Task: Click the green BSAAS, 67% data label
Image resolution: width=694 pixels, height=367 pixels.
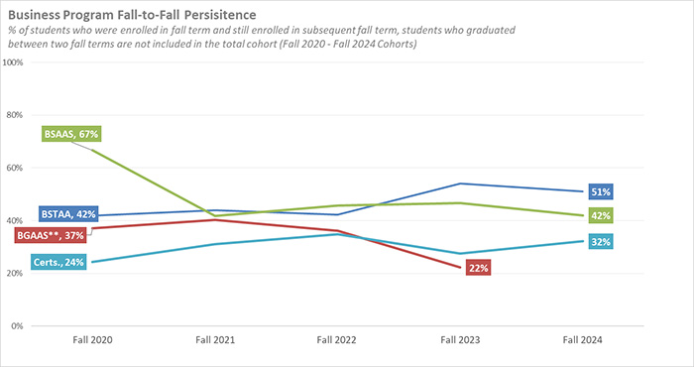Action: coord(72,134)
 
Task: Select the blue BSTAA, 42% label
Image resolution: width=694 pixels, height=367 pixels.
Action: coord(67,213)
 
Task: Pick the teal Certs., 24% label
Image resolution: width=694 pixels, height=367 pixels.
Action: coord(58,262)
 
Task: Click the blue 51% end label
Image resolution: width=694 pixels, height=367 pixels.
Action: coord(601,191)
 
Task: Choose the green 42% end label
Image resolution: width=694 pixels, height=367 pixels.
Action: coord(601,215)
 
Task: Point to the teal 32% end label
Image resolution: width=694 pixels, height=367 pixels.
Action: coord(601,241)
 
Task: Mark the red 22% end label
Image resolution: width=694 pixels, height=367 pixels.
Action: coord(478,268)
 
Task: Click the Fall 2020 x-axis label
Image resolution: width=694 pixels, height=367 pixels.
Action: coord(92,340)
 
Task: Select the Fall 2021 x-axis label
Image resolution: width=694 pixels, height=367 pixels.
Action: coord(216,340)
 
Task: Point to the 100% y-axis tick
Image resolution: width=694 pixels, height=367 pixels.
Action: coord(14,62)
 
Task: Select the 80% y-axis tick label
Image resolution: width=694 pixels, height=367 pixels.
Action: coord(16,115)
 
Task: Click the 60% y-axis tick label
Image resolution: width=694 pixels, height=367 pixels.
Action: coord(16,168)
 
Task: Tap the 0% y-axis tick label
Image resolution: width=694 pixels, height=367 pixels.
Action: coord(18,325)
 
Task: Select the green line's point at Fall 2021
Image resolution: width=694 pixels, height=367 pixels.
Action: coord(216,215)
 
